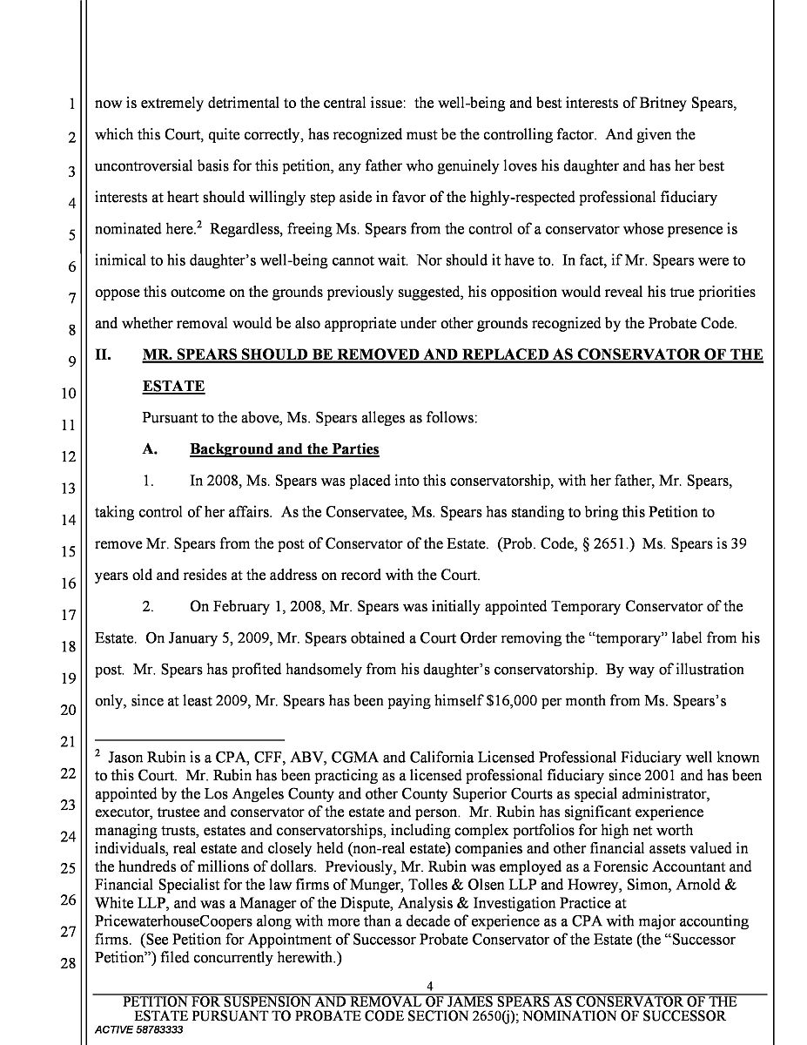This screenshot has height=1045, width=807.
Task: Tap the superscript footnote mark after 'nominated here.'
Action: pos(198,225)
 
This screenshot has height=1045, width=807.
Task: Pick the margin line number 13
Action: pos(67,488)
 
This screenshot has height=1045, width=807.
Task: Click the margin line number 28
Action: pos(67,964)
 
